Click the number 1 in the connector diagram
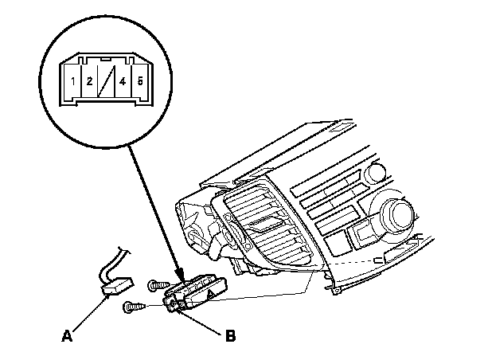(72, 81)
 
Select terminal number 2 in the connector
(89, 81)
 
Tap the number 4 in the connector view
(122, 81)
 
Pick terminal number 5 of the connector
(140, 81)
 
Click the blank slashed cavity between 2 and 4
(105, 82)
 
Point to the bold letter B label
(230, 336)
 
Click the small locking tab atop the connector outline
(106, 61)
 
